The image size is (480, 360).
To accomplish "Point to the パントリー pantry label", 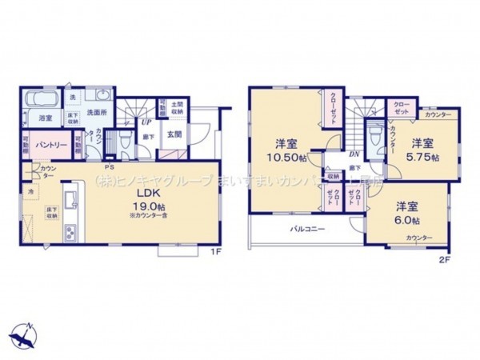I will [x=50, y=145].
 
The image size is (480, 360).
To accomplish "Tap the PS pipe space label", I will [x=110, y=167].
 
